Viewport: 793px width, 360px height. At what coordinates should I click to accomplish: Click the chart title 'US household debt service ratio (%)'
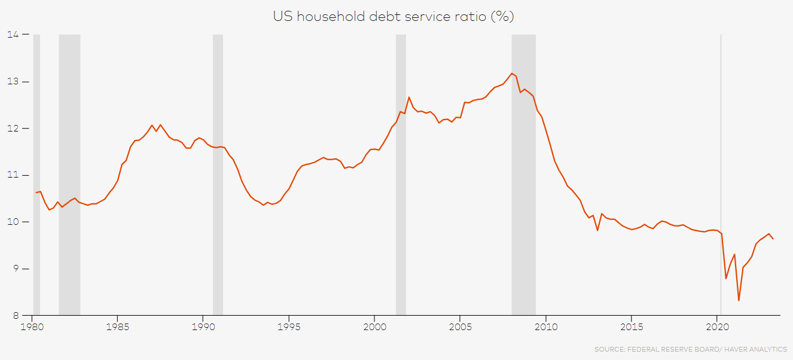click(x=394, y=17)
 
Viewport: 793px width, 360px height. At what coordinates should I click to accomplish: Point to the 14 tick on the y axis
click(x=11, y=35)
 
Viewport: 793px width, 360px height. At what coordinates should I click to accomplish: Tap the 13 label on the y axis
click(x=11, y=81)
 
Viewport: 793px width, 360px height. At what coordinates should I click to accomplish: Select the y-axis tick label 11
click(x=11, y=175)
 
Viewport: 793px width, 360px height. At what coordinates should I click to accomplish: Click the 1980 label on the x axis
click(x=32, y=327)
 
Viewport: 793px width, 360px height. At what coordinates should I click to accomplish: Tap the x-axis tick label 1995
click(x=289, y=327)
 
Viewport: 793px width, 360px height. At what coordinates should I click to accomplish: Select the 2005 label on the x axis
click(x=460, y=327)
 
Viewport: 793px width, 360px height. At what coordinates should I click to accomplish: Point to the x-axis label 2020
click(x=717, y=327)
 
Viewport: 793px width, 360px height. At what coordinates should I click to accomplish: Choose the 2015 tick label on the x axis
click(x=632, y=327)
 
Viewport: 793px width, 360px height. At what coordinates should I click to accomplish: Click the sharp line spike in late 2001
click(x=409, y=97)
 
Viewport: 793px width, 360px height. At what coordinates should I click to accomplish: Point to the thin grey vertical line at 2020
click(x=721, y=150)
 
